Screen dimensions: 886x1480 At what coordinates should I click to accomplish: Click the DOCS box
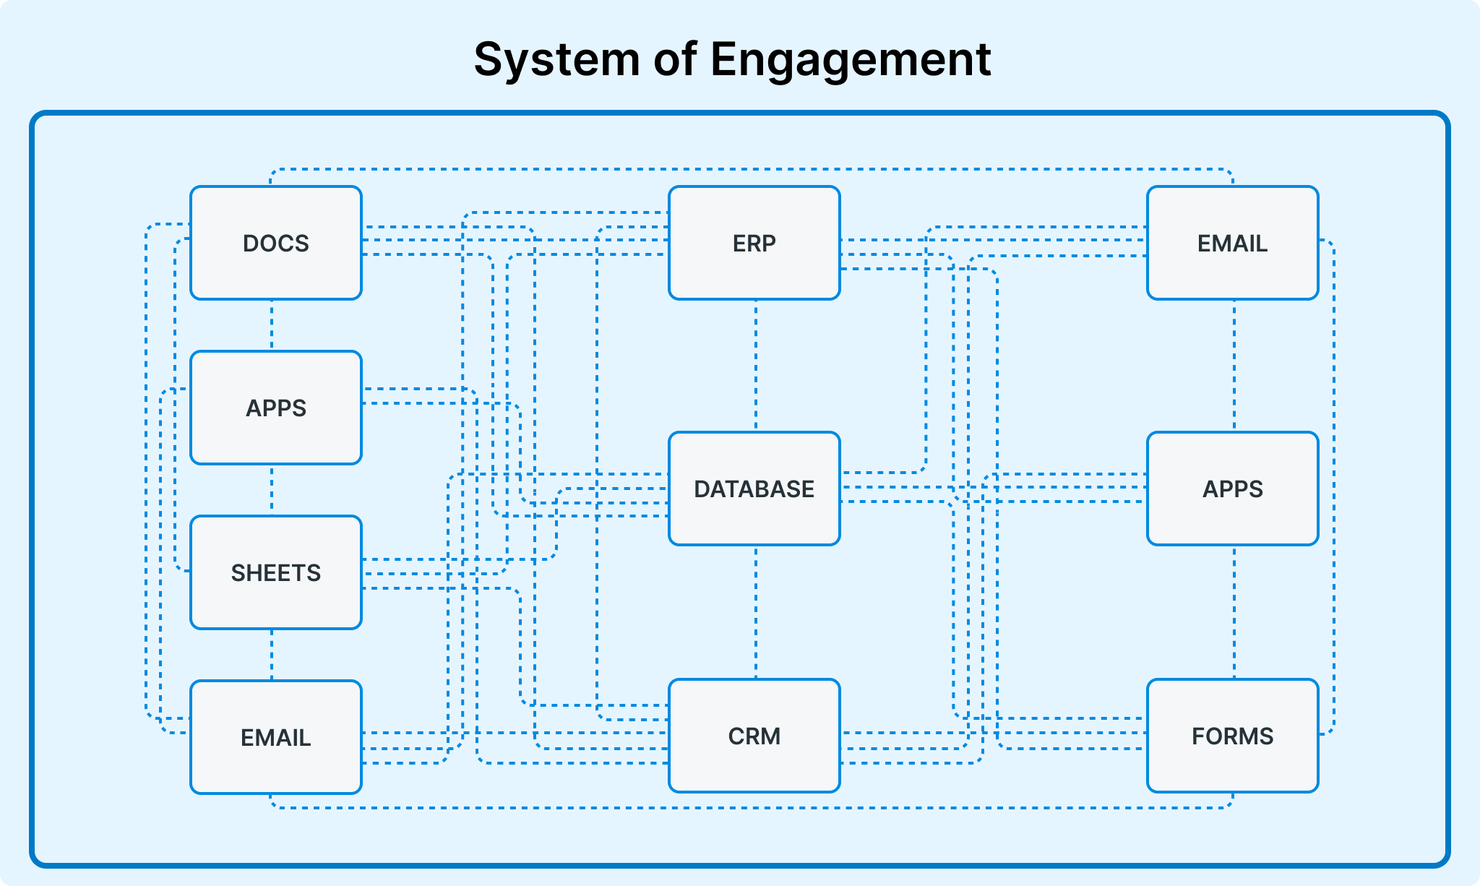coord(276,243)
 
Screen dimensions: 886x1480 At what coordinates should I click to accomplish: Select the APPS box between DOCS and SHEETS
coord(276,408)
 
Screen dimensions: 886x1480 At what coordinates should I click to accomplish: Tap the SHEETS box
coord(276,572)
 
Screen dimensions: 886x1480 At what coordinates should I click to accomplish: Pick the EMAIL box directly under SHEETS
coord(276,737)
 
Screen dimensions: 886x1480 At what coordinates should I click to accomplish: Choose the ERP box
coord(754,243)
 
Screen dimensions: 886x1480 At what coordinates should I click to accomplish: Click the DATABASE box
coord(754,489)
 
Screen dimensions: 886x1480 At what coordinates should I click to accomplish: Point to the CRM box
coord(754,736)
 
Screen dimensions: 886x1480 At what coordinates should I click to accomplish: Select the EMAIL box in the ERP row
coord(1233,243)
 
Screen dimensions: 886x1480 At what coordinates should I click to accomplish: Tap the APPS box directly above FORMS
coord(1233,489)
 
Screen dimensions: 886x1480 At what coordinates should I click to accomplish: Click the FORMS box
coord(1233,736)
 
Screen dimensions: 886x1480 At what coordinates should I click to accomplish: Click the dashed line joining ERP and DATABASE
coord(756,366)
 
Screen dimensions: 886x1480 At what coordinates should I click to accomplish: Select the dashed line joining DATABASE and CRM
coord(756,612)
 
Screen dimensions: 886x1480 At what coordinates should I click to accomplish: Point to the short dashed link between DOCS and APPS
coord(272,325)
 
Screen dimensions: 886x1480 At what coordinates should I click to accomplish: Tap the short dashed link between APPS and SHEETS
coord(272,490)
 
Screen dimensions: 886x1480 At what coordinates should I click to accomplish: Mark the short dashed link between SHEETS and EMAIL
coord(272,655)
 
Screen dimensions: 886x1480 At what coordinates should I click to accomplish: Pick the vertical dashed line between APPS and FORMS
coord(1234,612)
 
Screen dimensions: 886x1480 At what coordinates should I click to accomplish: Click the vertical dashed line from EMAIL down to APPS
coord(1234,366)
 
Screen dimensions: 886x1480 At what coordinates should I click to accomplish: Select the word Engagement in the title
coord(851,59)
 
